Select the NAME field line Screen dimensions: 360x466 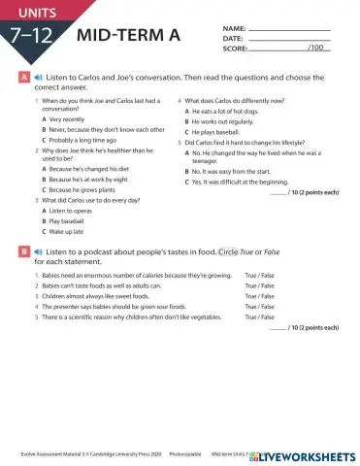tap(289, 27)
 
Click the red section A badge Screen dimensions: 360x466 tap(22, 76)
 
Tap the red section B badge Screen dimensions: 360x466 tap(22, 251)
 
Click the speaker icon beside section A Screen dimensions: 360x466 tap(36, 76)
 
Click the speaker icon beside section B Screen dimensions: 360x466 tap(36, 251)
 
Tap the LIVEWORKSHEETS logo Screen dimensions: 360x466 tap(306, 453)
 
